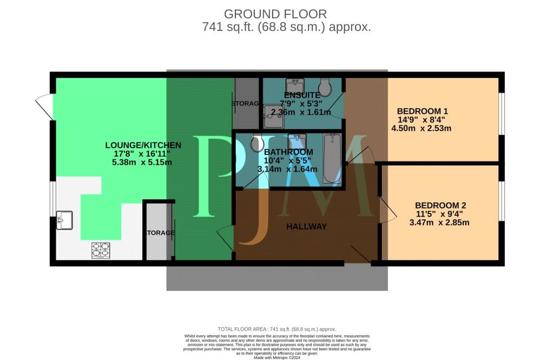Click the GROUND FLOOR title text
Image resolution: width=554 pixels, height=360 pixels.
(275, 14)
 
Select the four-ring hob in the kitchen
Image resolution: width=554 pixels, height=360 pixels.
(101, 250)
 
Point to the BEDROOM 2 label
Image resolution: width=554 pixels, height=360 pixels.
(440, 205)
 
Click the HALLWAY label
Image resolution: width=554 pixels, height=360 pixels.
(306, 226)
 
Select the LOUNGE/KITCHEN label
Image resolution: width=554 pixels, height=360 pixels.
(143, 145)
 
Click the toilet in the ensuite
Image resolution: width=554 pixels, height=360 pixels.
(325, 87)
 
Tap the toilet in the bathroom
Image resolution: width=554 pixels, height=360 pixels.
(256, 144)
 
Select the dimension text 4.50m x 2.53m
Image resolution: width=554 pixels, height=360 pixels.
(421, 128)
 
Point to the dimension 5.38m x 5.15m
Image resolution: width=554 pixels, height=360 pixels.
(142, 162)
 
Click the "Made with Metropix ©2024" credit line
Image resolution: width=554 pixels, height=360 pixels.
(276, 356)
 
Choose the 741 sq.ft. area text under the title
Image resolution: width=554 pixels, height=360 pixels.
(286, 27)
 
